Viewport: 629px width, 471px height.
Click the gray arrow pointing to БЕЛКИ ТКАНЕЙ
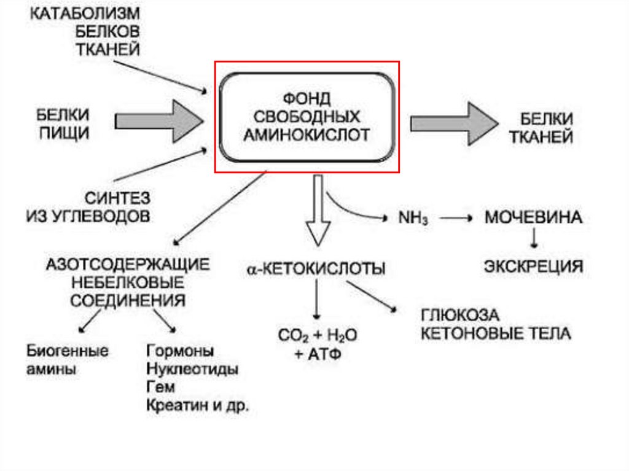[453, 123]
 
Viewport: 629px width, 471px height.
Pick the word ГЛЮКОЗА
[460, 316]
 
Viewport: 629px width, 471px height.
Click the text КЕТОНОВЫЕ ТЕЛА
[495, 333]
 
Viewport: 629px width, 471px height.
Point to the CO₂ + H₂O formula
[317, 335]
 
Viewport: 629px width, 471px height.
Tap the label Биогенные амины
[68, 360]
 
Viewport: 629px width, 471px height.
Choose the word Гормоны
[181, 351]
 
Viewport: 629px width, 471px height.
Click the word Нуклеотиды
[192, 370]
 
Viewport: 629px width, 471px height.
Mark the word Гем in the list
[160, 387]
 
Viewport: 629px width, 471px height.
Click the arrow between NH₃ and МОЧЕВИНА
[453, 219]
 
